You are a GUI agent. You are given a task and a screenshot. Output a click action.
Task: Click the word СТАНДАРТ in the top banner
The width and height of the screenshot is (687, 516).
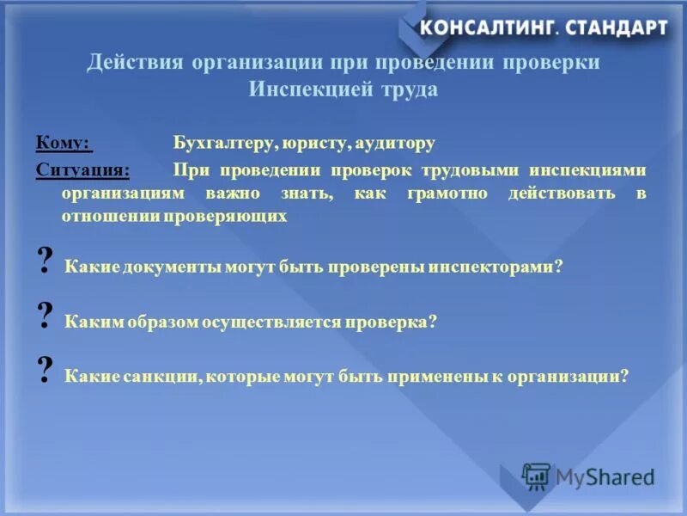pos(616,28)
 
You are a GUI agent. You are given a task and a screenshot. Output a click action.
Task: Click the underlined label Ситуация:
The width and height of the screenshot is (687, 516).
pos(82,169)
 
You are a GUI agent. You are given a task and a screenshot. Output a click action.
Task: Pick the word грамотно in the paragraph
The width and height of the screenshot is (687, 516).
pos(451,193)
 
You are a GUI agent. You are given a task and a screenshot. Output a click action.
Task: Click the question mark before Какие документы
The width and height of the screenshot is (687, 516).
pos(46,261)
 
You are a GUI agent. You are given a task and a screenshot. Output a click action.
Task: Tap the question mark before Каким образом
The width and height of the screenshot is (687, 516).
pos(46,317)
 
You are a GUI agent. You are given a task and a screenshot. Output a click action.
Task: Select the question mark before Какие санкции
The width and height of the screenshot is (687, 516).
pos(46,371)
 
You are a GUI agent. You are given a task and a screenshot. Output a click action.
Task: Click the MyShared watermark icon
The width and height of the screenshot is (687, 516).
pos(536,476)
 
